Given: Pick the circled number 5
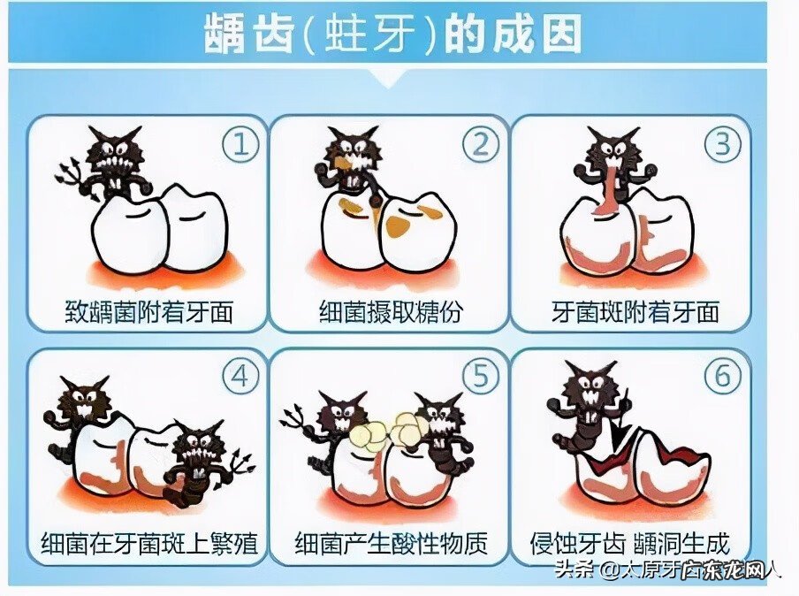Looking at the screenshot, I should (479, 378).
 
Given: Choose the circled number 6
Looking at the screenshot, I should (722, 378).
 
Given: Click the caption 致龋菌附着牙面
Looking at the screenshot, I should (148, 311).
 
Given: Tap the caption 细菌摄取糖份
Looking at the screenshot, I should (390, 311).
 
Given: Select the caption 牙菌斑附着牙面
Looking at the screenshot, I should (635, 311).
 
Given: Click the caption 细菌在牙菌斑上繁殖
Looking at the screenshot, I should (148, 542).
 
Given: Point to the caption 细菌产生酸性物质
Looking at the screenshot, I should (390, 542).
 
